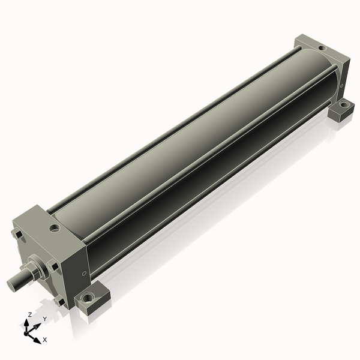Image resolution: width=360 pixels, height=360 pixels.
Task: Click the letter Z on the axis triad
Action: click(x=30, y=315)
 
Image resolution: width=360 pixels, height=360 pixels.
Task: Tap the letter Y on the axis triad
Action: click(x=45, y=319)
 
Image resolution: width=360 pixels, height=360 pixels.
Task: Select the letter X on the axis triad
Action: click(x=45, y=340)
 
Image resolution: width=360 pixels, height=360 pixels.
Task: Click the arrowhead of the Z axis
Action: click(x=26, y=323)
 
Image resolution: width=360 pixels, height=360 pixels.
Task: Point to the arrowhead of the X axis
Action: click(x=38, y=340)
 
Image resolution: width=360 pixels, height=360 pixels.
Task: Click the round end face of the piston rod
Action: click(x=11, y=285)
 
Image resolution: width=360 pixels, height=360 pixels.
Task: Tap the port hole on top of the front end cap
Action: click(x=55, y=228)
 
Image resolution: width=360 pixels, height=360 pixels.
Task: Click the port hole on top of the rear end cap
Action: click(x=322, y=49)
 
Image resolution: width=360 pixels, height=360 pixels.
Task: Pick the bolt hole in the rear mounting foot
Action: click(x=343, y=105)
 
